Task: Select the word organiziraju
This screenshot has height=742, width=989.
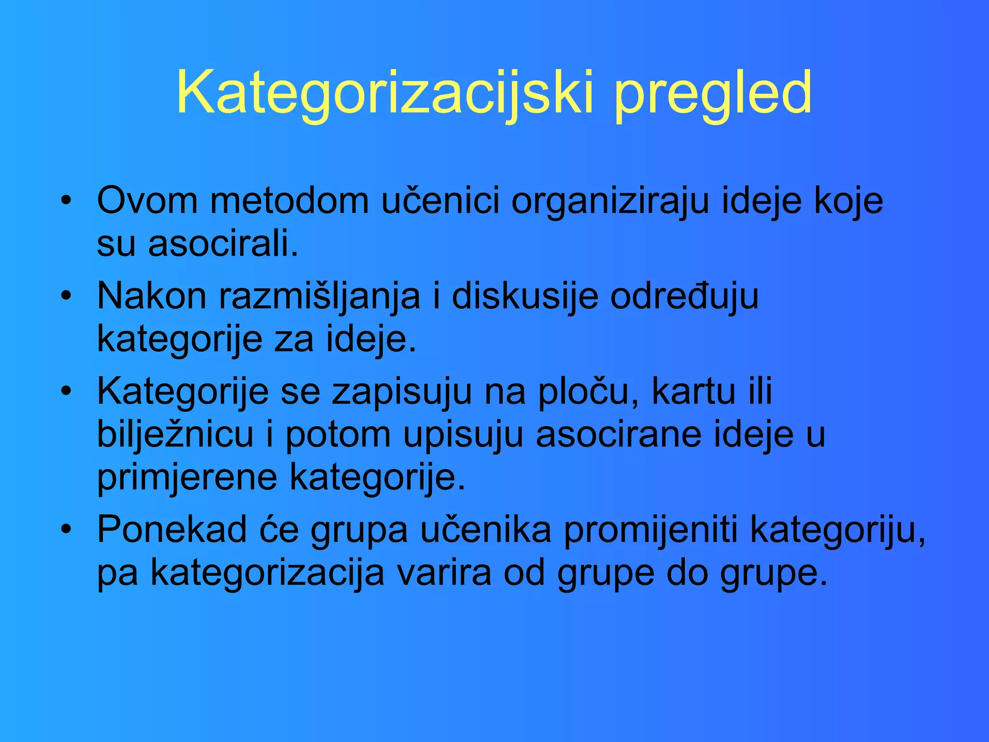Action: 610,200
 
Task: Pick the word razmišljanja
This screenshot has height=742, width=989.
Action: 319,296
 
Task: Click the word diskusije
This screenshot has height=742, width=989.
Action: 525,296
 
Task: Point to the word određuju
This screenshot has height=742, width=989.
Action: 684,296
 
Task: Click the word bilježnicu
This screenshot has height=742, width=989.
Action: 175,434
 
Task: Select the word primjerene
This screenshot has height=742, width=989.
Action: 187,477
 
